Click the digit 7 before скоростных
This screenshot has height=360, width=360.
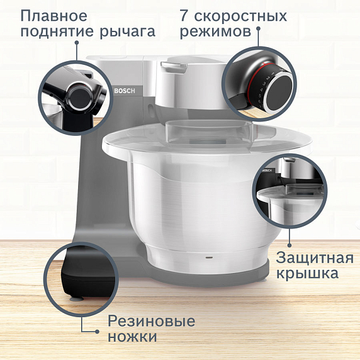[184, 15]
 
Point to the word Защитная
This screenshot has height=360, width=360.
[309, 257]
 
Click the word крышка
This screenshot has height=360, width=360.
[308, 274]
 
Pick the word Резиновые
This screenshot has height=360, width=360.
[152, 321]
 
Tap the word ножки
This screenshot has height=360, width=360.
[132, 337]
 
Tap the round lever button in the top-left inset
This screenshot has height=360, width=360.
[79, 96]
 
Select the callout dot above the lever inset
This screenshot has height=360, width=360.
[77, 43]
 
